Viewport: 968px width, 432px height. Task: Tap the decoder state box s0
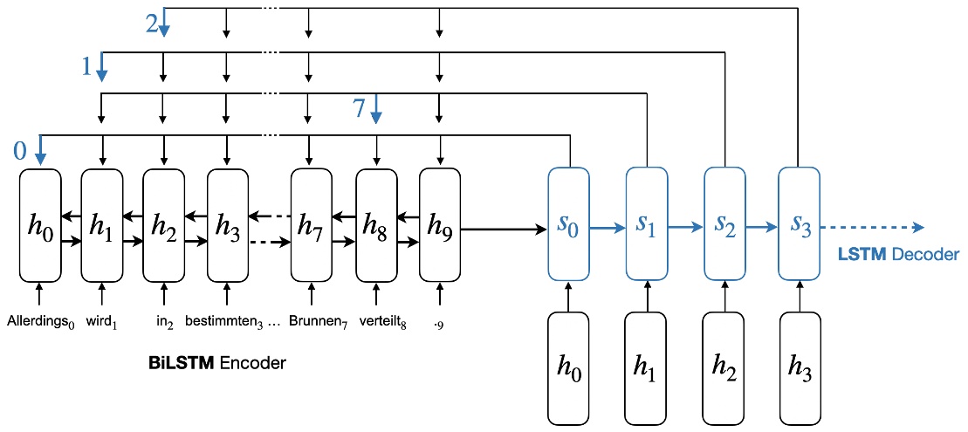(x=568, y=225)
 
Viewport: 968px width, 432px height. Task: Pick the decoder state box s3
(x=799, y=225)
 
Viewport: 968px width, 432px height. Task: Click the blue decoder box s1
(x=647, y=225)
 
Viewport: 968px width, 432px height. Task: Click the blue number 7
(x=358, y=109)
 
